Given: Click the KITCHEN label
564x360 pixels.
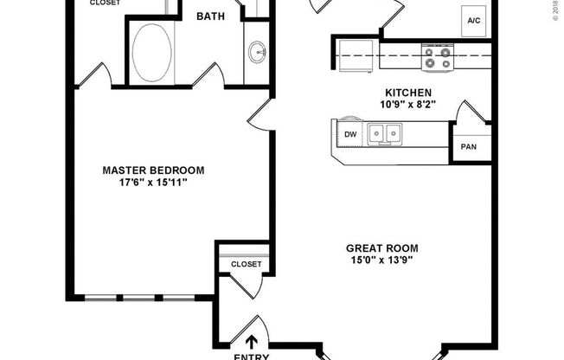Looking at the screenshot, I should tap(408, 92).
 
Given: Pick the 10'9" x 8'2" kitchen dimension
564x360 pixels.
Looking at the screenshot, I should tap(408, 104).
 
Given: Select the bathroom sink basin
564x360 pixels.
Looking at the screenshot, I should tap(257, 53).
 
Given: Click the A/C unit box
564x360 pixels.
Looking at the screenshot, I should tap(475, 20).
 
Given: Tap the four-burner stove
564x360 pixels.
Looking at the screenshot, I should tap(438, 57).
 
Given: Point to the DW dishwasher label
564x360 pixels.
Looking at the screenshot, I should tap(350, 134).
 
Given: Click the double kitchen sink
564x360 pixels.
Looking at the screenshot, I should tap(383, 133).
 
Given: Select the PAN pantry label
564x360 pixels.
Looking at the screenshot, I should tap(468, 147).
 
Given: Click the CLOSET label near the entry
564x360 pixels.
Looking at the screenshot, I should tap(246, 264).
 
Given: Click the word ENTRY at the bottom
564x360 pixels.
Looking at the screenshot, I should tap(252, 356).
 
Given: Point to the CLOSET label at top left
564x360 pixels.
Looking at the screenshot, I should tap(106, 3).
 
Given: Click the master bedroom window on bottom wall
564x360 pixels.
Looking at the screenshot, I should tap(138, 297).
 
